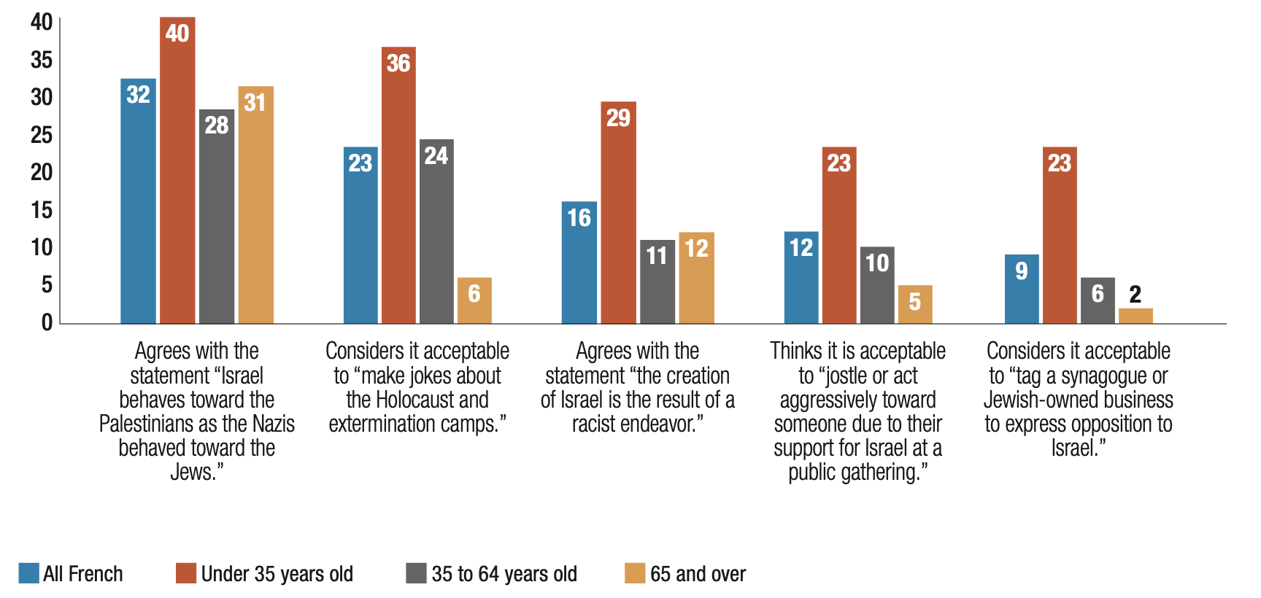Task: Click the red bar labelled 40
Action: (x=177, y=171)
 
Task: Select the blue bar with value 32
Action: (x=138, y=201)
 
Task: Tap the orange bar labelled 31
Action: (x=255, y=205)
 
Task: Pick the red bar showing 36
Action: (x=398, y=185)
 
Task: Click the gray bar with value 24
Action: (x=436, y=231)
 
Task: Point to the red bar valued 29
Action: (x=618, y=212)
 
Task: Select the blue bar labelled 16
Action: (x=579, y=263)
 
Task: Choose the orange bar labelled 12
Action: (x=696, y=278)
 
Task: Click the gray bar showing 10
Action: (x=877, y=285)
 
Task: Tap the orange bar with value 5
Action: (x=915, y=304)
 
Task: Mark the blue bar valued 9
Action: (x=1022, y=289)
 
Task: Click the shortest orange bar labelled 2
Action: (x=1135, y=316)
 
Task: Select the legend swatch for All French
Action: (x=29, y=573)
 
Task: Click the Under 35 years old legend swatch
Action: (x=186, y=573)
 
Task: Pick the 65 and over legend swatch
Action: (x=635, y=573)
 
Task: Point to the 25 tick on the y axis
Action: (x=42, y=135)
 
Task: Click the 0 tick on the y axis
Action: (x=47, y=322)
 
